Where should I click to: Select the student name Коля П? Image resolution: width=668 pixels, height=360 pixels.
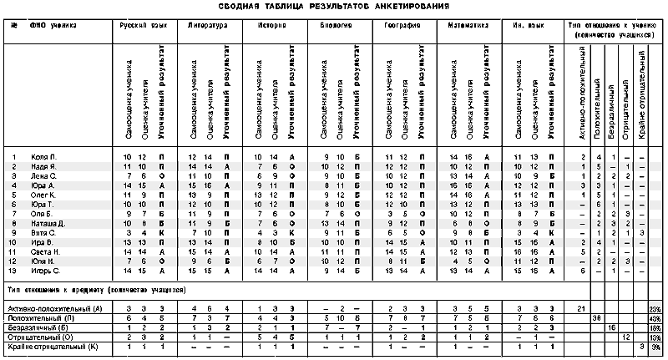[43, 157]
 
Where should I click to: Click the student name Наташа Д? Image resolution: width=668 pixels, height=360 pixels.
[48, 224]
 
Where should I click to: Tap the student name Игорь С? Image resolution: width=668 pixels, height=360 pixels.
[46, 271]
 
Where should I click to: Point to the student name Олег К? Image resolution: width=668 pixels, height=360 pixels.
[44, 195]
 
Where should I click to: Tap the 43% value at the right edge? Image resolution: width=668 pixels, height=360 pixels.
[655, 318]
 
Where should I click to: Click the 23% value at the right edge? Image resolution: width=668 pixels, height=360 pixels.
[655, 309]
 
